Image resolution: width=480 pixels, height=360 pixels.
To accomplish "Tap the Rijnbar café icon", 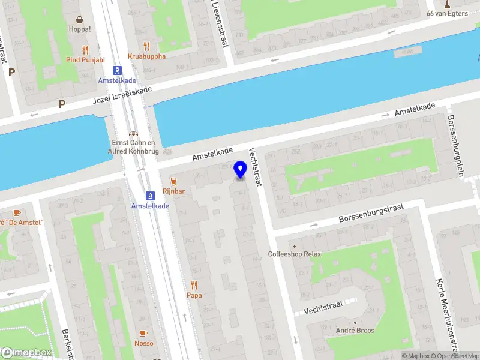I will pos(173,181).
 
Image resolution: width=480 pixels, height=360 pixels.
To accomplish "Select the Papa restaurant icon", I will pos(194,286).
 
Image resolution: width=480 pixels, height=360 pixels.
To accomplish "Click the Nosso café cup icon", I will pos(143,333).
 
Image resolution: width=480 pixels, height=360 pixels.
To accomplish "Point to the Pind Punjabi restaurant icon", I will pos(86,50).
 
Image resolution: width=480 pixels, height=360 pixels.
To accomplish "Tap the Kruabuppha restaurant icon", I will pos(146,46).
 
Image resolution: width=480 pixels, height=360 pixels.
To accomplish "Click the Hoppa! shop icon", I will pos(80,19).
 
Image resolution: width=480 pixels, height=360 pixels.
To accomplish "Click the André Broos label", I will pos(355,331).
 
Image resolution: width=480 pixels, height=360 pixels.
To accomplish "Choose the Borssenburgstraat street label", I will pos(371,214).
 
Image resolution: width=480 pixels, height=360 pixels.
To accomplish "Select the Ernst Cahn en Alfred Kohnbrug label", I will pos(134,146).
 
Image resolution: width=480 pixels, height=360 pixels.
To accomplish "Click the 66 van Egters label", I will pos(447,14).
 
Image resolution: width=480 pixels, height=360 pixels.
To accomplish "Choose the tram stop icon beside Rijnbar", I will pos(150,196).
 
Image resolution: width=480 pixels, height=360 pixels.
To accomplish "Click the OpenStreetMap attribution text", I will pos(455,356).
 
